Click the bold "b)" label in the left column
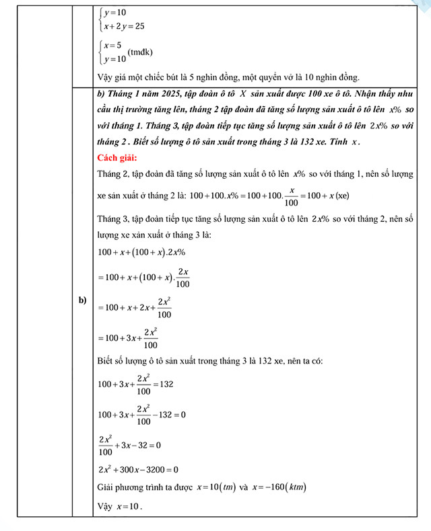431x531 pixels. coord(83,300)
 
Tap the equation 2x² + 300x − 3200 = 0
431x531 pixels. coord(138,469)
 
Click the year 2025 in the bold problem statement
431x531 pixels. coord(166,97)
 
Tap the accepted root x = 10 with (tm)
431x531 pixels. coord(215,487)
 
